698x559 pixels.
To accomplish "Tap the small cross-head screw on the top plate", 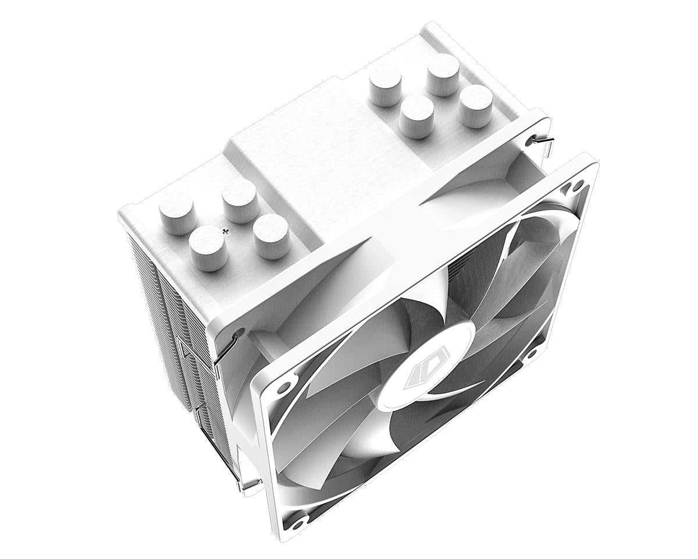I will click(226, 231).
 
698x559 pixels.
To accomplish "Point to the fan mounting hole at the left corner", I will click(283, 387).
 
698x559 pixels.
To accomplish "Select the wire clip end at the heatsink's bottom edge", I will click(247, 483).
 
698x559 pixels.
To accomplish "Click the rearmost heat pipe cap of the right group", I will click(443, 73).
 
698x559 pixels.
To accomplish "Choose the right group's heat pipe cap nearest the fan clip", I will click(475, 105).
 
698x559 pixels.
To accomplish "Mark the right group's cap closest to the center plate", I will click(385, 84).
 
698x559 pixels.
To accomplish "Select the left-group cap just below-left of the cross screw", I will click(208, 247).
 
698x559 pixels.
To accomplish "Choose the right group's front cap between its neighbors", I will click(416, 115).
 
